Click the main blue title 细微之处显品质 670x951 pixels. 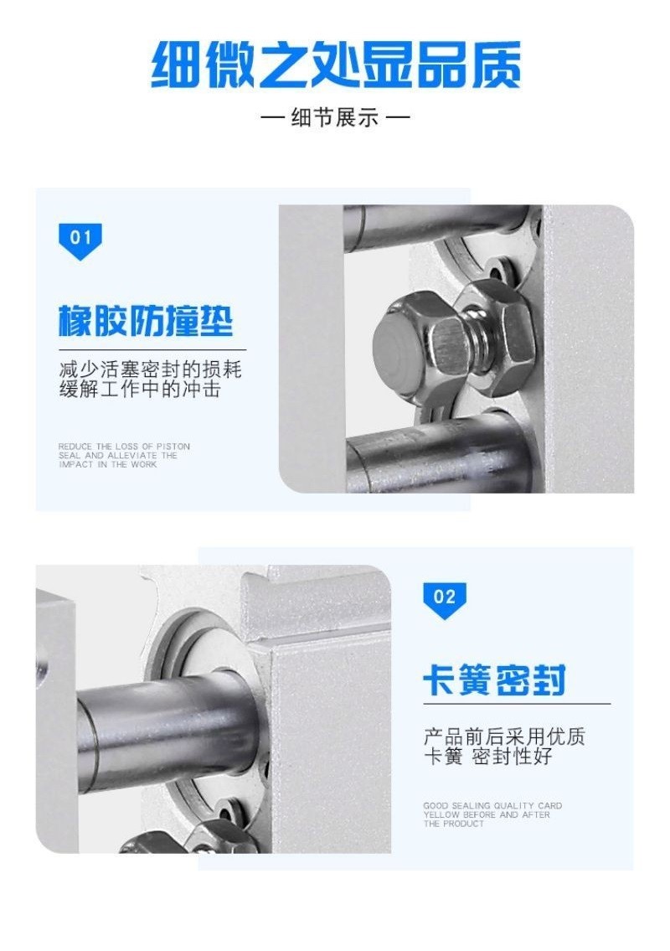335,65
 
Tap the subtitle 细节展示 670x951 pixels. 335,116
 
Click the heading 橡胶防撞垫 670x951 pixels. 146,320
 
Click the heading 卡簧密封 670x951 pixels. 495,680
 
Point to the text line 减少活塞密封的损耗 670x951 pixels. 151,370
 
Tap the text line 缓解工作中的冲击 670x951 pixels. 140,389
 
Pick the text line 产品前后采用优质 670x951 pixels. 504,737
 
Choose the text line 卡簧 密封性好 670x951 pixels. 487,756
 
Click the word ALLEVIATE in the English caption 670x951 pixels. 132,456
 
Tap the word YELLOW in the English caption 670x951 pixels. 441,815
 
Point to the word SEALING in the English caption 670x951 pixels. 472,806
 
